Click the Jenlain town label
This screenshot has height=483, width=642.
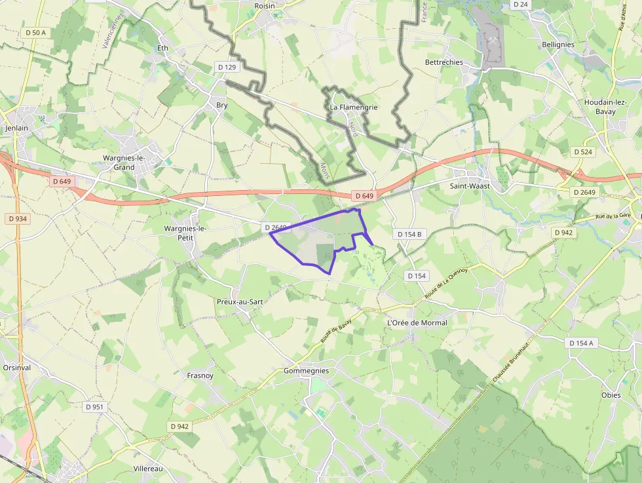coord(16,128)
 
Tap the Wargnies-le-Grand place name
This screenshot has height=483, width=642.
coord(124,163)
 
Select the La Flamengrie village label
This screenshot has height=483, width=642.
coord(354,107)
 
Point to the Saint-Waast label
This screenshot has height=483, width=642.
coord(470,185)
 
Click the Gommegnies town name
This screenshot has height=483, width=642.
coord(306,370)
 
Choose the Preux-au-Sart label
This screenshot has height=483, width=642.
coord(239,301)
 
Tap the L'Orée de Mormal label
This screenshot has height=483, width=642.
coord(417,322)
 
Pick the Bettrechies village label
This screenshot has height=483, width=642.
coord(444,62)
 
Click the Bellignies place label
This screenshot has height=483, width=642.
coord(558,45)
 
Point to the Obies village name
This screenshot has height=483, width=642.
coord(611,395)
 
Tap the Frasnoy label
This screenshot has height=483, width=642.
coord(200,376)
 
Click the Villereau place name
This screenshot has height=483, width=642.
coord(148,469)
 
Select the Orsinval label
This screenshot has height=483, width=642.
coord(16,367)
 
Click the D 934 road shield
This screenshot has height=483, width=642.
coord(18,218)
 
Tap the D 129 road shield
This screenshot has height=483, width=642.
coord(227,67)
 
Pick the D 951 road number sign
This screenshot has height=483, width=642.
coord(95,406)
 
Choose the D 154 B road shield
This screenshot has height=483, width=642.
coord(409,234)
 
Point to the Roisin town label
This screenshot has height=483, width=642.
coord(265,5)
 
